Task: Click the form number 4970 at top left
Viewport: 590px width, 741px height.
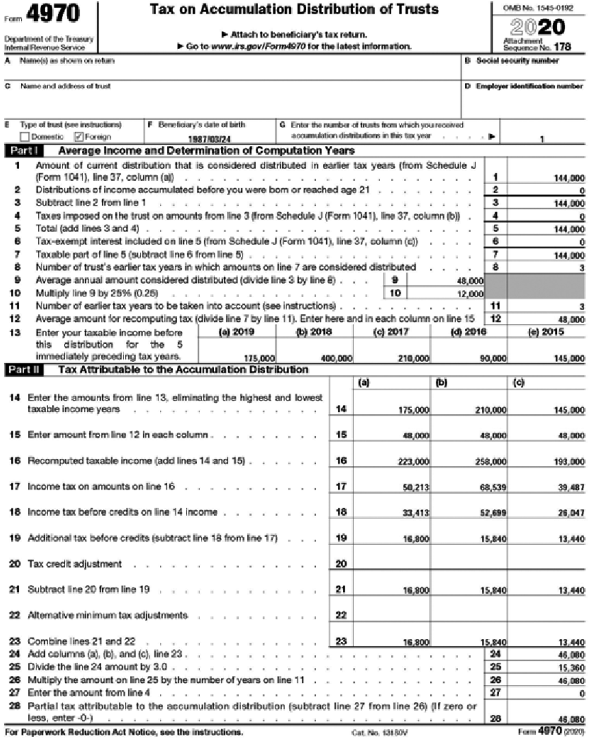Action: pos(53,14)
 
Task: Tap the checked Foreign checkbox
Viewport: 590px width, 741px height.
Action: pos(79,137)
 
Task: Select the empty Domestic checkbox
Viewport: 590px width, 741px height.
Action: pos(25,137)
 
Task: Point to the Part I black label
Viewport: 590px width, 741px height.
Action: pos(24,151)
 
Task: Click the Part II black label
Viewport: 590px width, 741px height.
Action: pos(24,370)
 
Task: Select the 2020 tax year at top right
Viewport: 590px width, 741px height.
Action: pos(538,27)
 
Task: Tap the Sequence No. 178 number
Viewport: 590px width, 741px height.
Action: pos(562,47)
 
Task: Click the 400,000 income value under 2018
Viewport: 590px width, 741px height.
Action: pos(337,358)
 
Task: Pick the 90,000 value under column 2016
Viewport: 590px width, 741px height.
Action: pos(493,358)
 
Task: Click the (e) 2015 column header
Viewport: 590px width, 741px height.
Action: pos(546,332)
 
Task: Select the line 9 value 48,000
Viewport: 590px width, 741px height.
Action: pos(470,280)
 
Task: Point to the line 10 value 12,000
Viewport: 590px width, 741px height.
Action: pos(470,294)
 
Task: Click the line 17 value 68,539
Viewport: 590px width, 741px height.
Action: pos(493,487)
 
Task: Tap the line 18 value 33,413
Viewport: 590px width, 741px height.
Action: pos(416,513)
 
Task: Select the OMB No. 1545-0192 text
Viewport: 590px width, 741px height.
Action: pos(538,8)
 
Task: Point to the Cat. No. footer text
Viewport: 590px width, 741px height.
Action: pos(379,732)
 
